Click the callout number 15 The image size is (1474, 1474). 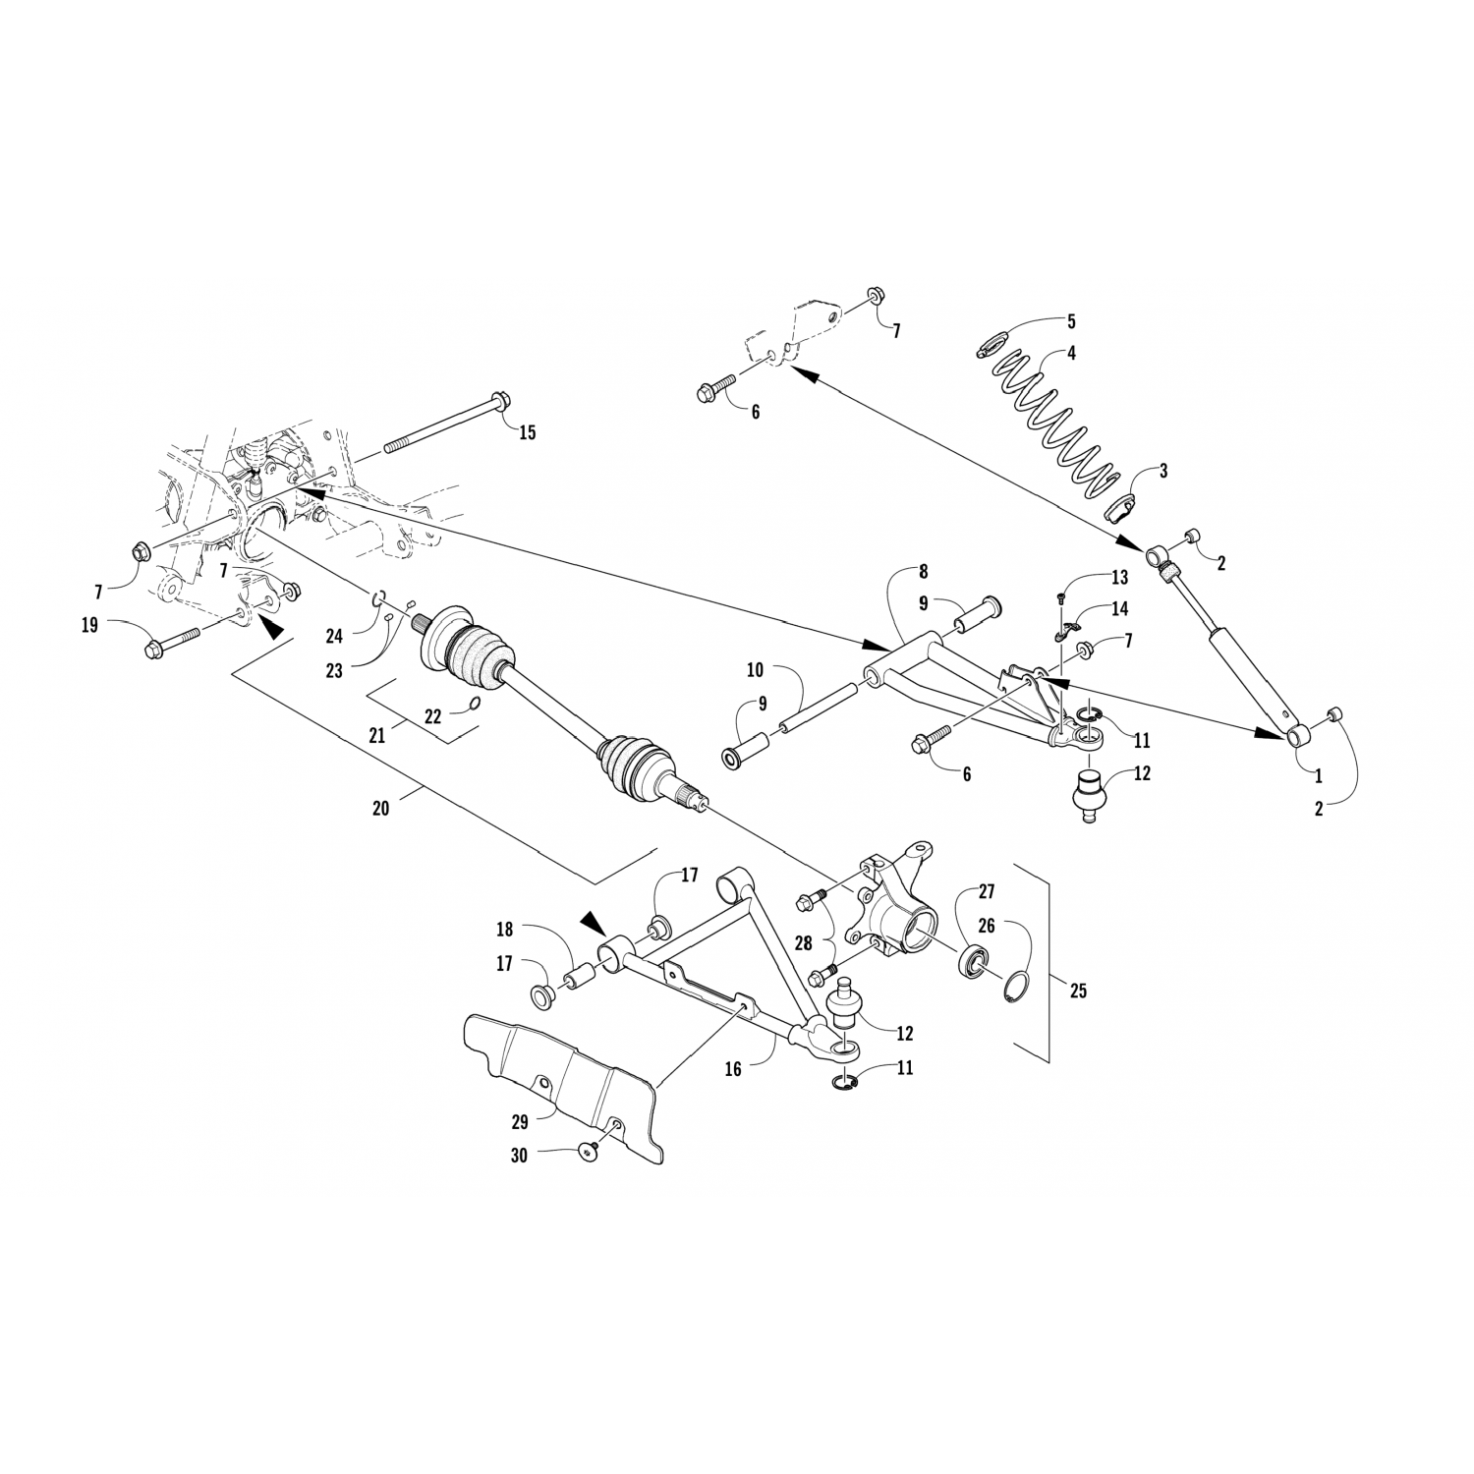528,432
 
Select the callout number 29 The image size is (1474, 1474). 520,1121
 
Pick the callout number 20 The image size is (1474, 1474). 381,808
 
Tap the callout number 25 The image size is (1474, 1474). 1078,991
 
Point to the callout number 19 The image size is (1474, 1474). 89,624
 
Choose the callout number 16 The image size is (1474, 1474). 732,1070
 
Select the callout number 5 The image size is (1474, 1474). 1071,321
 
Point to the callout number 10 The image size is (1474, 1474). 755,670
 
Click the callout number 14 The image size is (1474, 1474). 1120,609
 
